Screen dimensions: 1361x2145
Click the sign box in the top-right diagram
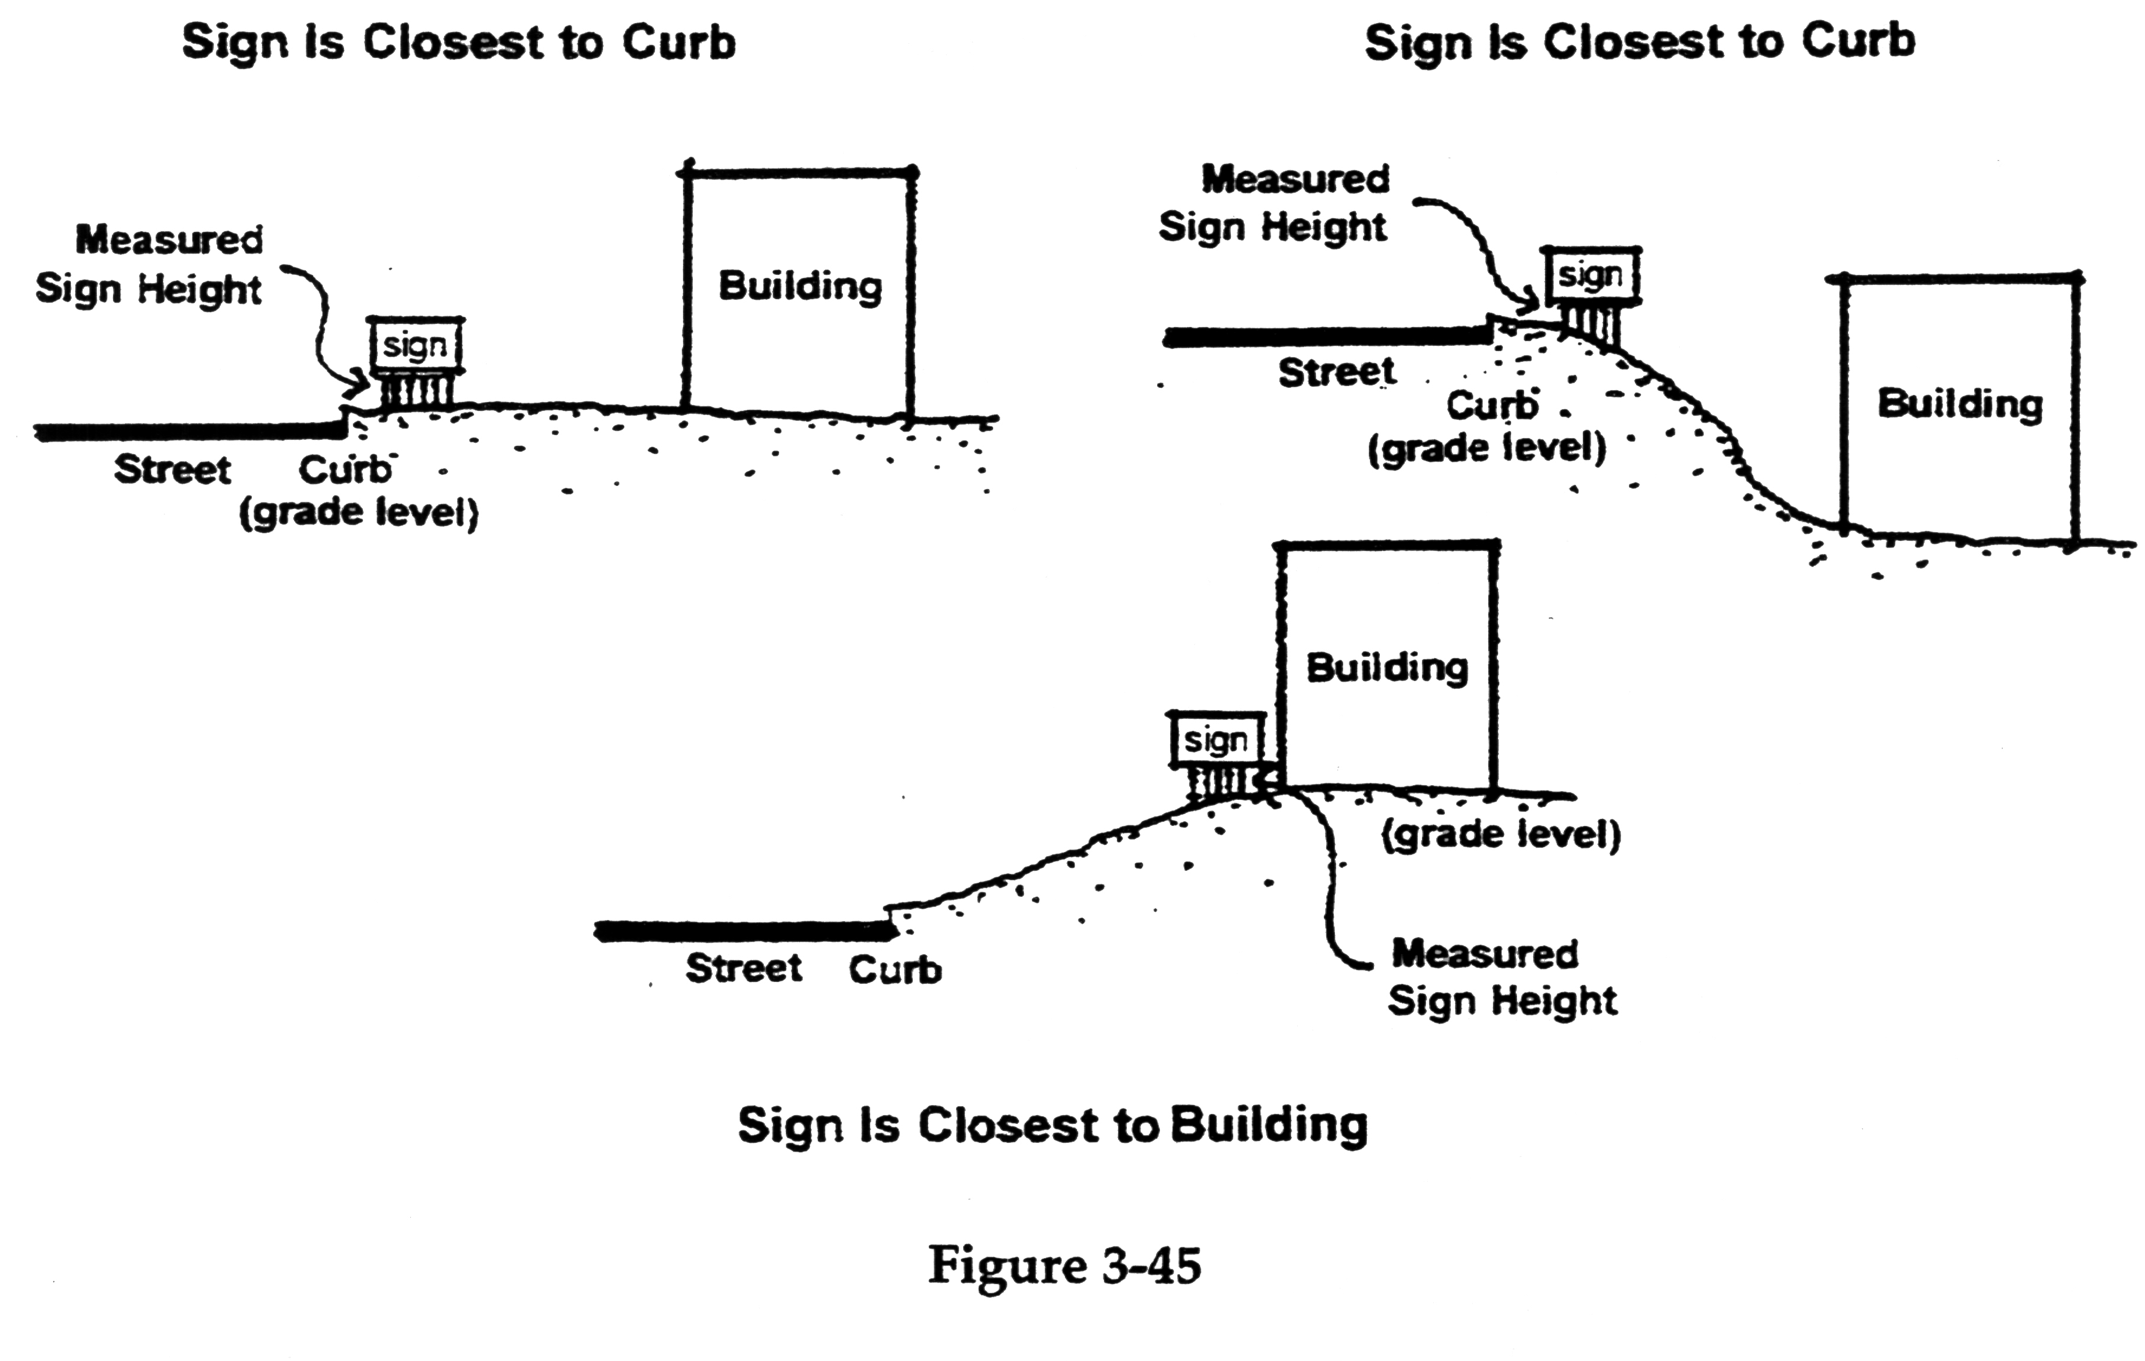pos(1591,276)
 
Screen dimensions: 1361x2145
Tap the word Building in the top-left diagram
pos(800,287)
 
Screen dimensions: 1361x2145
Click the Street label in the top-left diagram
pos(172,469)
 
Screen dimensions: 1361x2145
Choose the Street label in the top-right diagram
pos(1336,372)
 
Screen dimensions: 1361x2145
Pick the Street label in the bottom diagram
pos(743,968)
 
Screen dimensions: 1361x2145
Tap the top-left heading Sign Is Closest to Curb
pos(459,43)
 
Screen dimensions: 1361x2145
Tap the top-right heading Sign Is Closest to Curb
pos(1639,42)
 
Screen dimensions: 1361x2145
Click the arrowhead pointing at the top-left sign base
pos(364,385)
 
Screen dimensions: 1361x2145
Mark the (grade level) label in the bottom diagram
pos(1501,835)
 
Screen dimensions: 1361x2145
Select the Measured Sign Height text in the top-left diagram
pos(150,264)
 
